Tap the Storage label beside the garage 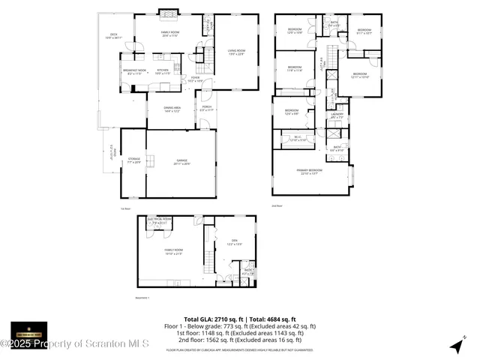133,160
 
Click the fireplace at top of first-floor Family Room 169,13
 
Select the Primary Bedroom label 311,172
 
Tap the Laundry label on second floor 337,115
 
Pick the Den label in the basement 234,241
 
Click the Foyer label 195,78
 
